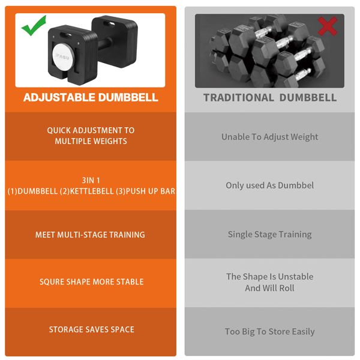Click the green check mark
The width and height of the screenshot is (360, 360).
[34, 26]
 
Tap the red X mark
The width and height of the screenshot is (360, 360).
[328, 26]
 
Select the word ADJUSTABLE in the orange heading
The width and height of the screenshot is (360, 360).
[59, 97]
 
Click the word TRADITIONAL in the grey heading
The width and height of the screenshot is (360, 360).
[239, 98]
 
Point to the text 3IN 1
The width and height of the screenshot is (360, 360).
[91, 180]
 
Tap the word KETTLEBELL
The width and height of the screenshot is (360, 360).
[92, 191]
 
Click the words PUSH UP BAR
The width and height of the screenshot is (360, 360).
[151, 191]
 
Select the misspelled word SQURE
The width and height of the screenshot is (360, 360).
[52, 282]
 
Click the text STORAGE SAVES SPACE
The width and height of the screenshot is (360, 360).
[92, 329]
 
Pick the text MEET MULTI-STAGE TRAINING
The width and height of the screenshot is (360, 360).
[90, 235]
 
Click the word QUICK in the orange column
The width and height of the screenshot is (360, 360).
[59, 130]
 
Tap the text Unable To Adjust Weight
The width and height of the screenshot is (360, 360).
[270, 137]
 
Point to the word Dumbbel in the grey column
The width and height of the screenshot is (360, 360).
[296, 185]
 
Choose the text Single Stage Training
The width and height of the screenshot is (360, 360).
[270, 235]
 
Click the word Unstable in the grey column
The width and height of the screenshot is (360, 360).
[295, 277]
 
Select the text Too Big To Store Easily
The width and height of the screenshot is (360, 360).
[270, 332]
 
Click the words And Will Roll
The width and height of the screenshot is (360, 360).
[270, 288]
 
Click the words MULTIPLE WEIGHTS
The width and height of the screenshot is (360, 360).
[91, 141]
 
